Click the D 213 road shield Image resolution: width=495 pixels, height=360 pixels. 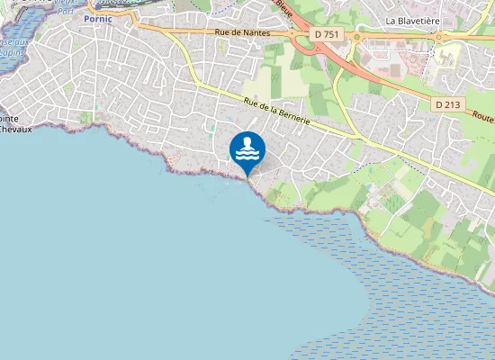(446, 104)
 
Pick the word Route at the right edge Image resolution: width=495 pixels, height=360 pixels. (482, 119)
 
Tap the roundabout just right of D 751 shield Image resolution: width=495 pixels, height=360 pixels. (356, 38)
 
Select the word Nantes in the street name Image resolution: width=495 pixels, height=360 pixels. (256, 32)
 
